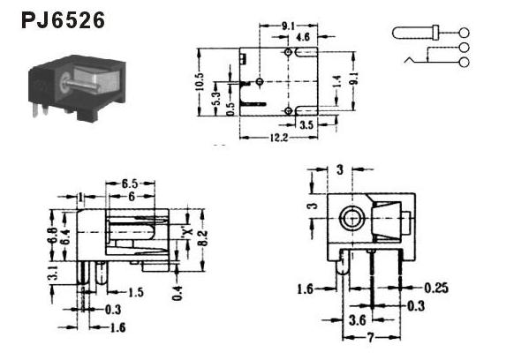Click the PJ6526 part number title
[63, 20]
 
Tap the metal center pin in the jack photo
[81, 84]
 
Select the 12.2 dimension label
[279, 138]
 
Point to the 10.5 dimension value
[200, 81]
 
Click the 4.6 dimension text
[303, 37]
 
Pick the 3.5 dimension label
[306, 125]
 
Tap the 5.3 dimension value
[216, 99]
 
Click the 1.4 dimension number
[337, 81]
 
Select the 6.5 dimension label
[130, 184]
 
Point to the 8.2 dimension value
[203, 238]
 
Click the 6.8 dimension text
[53, 236]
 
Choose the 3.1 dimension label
[54, 273]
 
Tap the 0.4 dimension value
[178, 293]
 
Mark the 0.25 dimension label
[436, 289]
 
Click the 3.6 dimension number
[358, 319]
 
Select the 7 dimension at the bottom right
[371, 337]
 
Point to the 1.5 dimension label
[136, 292]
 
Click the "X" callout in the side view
[188, 231]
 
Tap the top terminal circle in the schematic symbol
[465, 33]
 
